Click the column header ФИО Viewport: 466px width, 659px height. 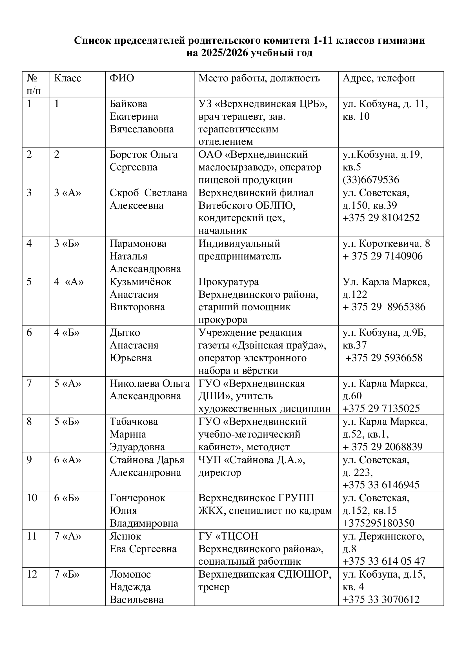pyautogui.click(x=122, y=78)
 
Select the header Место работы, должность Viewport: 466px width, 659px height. pyautogui.click(x=259, y=78)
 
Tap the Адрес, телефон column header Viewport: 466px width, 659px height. pyautogui.click(x=379, y=78)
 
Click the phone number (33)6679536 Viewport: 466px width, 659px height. pyautogui.click(x=371, y=180)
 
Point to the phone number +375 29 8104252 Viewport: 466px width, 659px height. pyautogui.click(x=381, y=218)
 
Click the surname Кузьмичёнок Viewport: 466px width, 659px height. pyautogui.click(x=140, y=282)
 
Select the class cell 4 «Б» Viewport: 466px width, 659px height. pyautogui.click(x=67, y=333)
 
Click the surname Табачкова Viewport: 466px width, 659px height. pyautogui.click(x=134, y=422)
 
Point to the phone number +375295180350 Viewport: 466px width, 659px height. pyautogui.click(x=378, y=523)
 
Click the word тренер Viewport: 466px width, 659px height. pyautogui.click(x=214, y=587)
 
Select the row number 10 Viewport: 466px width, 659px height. pyautogui.click(x=32, y=498)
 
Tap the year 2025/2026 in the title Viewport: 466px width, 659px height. pyautogui.click(x=221, y=53)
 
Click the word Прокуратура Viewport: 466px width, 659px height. pyautogui.click(x=228, y=282)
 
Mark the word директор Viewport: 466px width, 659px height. pyautogui.click(x=219, y=472)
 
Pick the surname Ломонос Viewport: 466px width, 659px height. pyautogui.click(x=130, y=574)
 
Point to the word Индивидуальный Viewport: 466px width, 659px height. pyautogui.click(x=239, y=244)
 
